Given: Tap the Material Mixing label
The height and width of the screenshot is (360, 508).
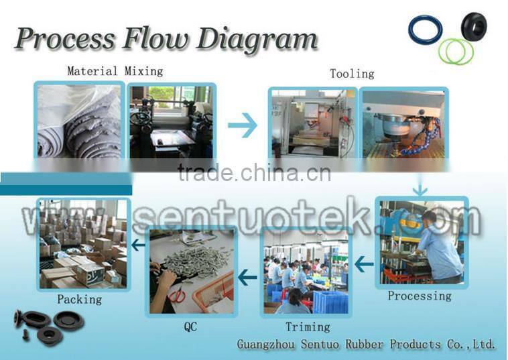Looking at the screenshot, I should pos(115,70).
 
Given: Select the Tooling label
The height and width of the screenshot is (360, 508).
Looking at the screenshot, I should pos(352,74).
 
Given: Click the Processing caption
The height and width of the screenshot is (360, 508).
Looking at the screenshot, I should pos(420,296).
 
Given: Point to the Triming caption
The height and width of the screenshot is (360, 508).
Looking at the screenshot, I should pos(308,326).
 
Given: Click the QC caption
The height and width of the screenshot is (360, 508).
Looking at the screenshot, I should pos(190,327).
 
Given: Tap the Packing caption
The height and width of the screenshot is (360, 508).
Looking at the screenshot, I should pos(79,299).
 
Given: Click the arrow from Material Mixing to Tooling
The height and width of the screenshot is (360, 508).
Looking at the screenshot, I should pos(243,125).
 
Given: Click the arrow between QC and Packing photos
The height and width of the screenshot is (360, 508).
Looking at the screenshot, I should pos(139,245).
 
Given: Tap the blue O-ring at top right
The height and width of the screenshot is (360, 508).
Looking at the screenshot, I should pos(425,31).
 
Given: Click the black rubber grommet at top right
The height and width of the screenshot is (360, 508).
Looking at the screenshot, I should pos(474,26).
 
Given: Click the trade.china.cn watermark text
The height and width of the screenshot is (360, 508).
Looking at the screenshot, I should pos(254,173).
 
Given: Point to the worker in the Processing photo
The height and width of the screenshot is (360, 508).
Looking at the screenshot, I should pos(439,245).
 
